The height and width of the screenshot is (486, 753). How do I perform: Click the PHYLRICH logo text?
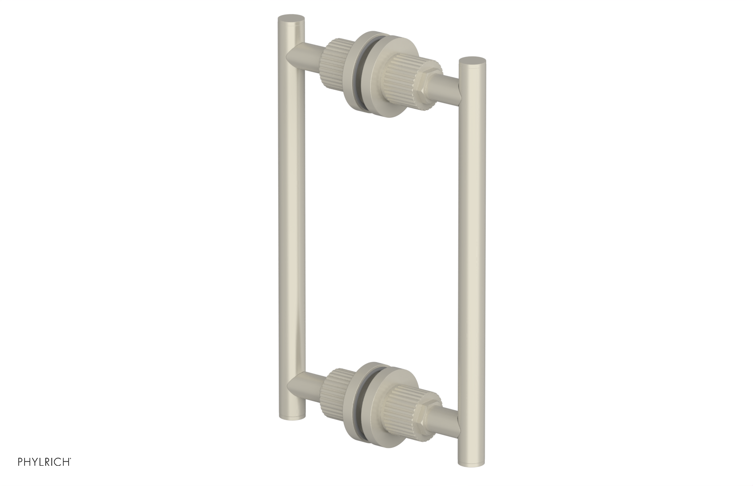pyautogui.click(x=44, y=461)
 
